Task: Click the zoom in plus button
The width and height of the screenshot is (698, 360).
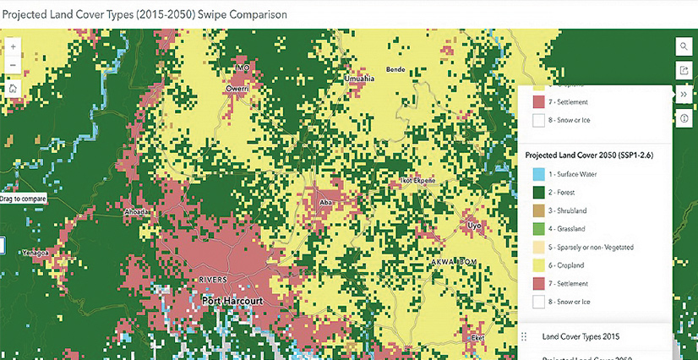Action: (13, 46)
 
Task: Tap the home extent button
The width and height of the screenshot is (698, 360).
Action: (13, 87)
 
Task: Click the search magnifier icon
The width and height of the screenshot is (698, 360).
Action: (684, 46)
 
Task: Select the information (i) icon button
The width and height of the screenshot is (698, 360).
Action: (684, 118)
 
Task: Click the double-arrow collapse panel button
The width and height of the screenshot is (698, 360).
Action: (684, 95)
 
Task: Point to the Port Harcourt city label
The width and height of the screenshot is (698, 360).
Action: (232, 300)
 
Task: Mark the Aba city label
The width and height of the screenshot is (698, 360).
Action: (325, 203)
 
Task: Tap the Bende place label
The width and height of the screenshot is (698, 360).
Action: (395, 69)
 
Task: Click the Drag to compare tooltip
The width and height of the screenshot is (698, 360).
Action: (21, 199)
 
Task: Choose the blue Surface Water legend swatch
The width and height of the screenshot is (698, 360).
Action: (538, 174)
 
